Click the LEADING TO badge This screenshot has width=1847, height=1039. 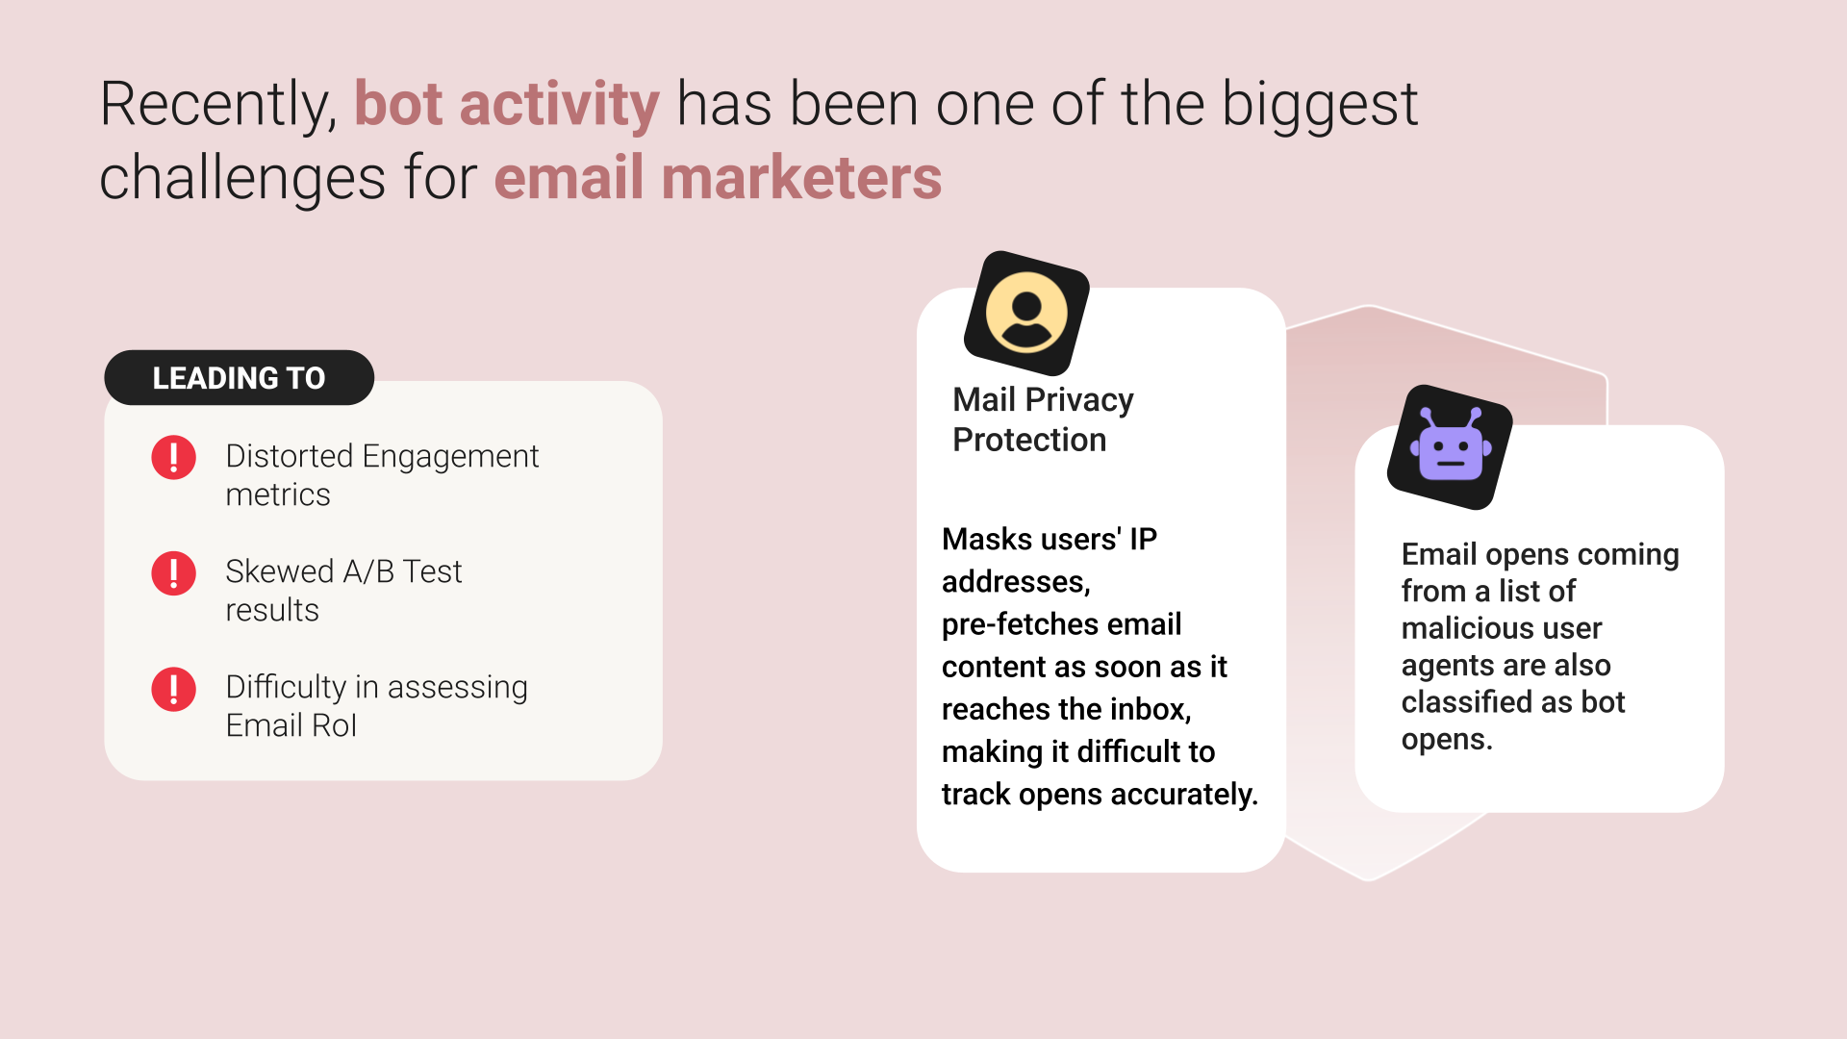coord(239,377)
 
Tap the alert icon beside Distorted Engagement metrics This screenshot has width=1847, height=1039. coord(174,457)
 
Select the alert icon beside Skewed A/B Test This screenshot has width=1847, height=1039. coord(174,573)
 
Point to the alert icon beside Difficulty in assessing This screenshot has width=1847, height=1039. coord(174,689)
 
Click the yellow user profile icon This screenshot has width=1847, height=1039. coord(1026,313)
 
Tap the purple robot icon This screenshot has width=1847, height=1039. coord(1450,447)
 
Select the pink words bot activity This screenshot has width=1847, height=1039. coord(507,104)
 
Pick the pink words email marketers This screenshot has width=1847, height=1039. coord(719,178)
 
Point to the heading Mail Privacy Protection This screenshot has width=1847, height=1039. coord(1043,419)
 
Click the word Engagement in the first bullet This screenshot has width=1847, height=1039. coord(450,456)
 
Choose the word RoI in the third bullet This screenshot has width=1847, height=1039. coord(334,725)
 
